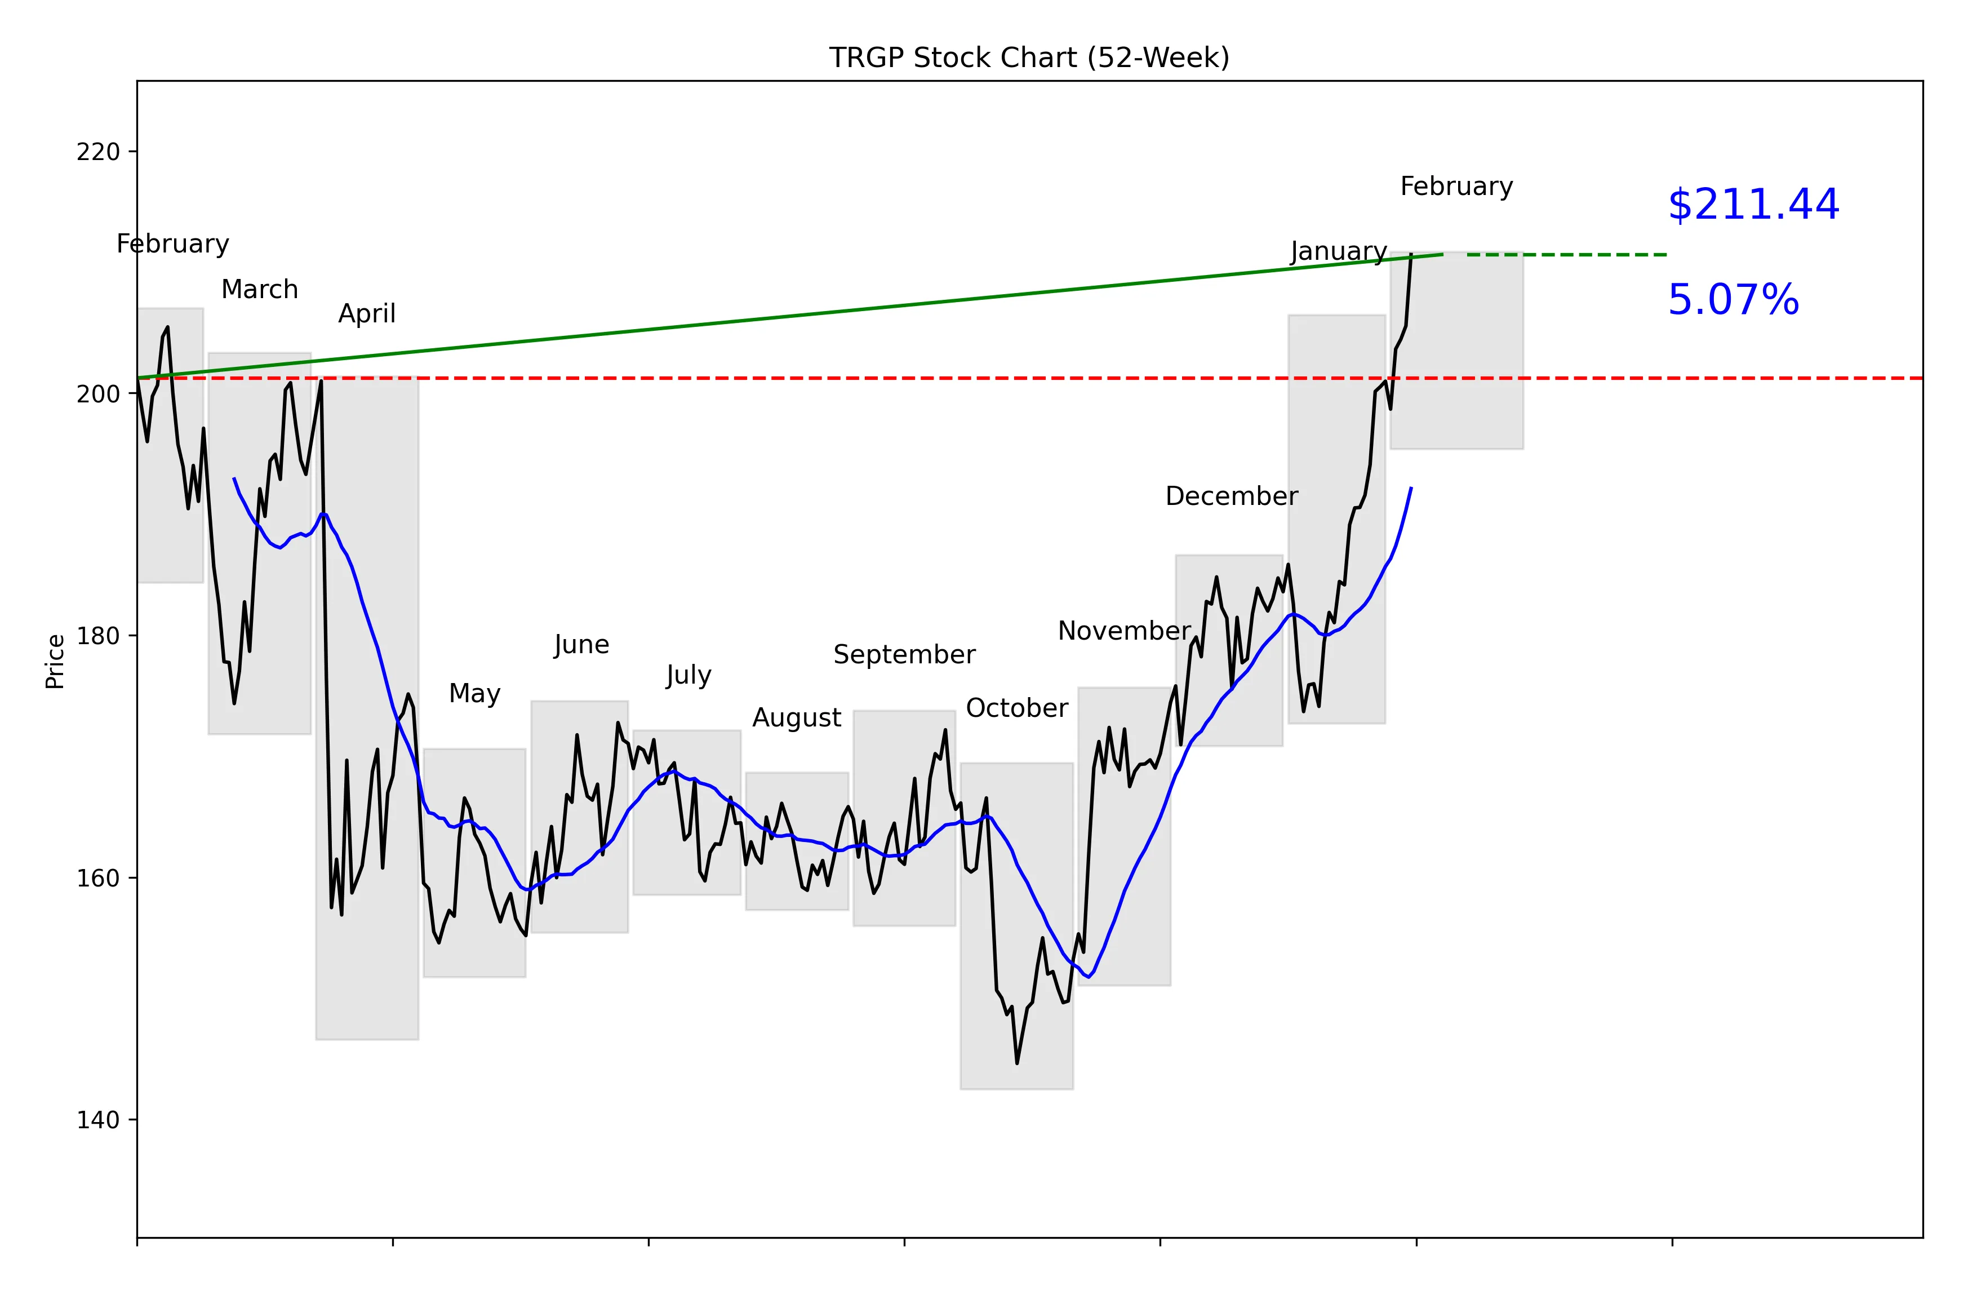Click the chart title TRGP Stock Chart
[1029, 58]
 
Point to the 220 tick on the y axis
[97, 152]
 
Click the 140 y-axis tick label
[97, 1120]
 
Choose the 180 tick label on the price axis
[97, 636]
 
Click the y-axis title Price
[55, 662]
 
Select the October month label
[1016, 708]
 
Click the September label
[904, 654]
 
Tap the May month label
[474, 693]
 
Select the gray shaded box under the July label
[686, 812]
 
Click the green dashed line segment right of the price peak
[1567, 255]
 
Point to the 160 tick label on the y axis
[97, 878]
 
